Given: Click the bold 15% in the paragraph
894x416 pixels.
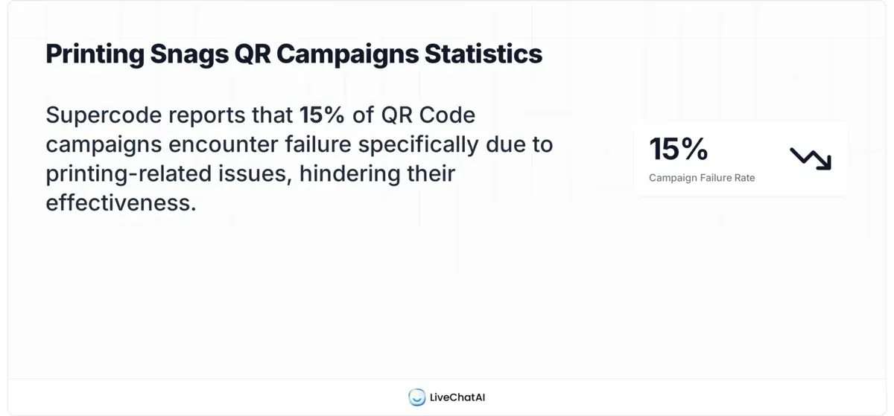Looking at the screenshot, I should pyautogui.click(x=322, y=115).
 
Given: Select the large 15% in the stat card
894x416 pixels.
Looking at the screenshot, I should pyautogui.click(x=678, y=149).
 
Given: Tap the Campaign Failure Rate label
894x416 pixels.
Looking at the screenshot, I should pyautogui.click(x=702, y=178).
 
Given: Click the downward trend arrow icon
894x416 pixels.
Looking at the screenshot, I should pyautogui.click(x=810, y=158).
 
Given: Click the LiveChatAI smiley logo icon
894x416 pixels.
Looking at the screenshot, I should pyautogui.click(x=416, y=397).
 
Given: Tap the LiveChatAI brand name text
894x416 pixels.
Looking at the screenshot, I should pyautogui.click(x=457, y=397).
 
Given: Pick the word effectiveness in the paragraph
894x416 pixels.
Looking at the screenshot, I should pyautogui.click(x=121, y=202).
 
